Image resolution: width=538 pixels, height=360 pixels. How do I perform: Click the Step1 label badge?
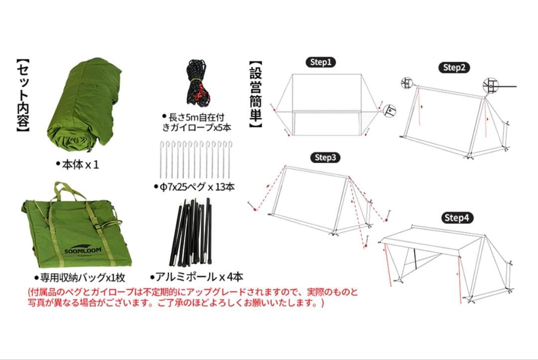point(320,62)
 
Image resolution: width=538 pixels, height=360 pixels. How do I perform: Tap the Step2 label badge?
point(454,68)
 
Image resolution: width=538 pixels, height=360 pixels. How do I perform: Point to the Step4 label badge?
point(457,218)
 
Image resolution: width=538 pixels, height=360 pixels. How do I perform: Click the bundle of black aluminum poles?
point(193,234)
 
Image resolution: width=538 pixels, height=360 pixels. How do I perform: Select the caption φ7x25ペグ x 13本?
point(194,187)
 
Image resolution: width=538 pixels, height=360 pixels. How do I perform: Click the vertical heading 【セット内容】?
point(23,97)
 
